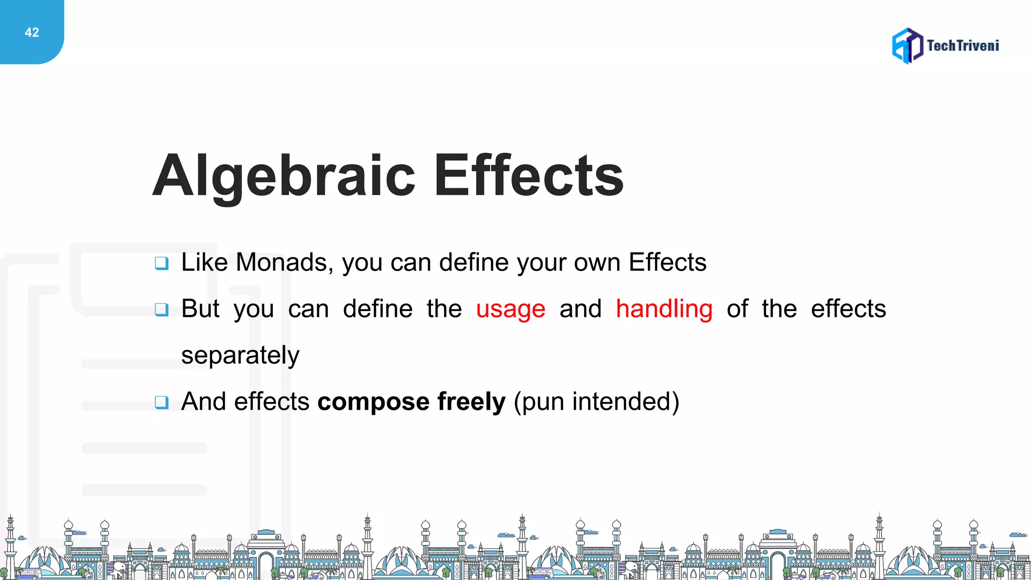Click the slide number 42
click(32, 33)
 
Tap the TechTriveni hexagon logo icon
click(907, 46)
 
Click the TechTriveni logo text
click(963, 46)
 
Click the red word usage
click(510, 309)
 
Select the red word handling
click(664, 309)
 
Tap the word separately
click(240, 355)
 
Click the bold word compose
click(373, 402)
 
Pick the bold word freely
click(471, 402)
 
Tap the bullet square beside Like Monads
click(162, 263)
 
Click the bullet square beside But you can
click(162, 309)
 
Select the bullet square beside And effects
click(162, 402)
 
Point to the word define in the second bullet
click(378, 309)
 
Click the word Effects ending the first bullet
click(668, 262)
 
